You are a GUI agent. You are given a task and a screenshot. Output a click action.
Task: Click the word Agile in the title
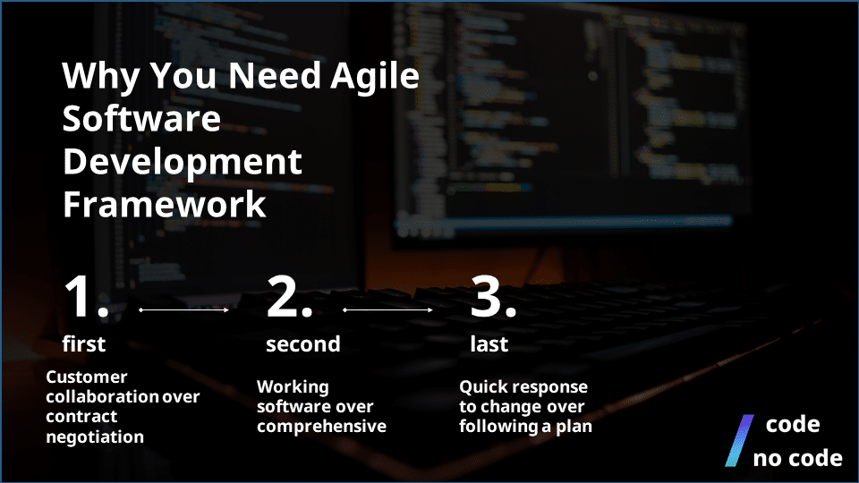(x=375, y=77)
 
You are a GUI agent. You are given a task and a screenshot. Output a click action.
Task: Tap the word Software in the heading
(x=141, y=119)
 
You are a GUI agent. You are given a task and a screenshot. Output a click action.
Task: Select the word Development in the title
(x=182, y=162)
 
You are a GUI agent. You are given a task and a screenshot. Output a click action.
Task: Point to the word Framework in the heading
(x=164, y=204)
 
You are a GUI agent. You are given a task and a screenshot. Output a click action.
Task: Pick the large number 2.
(x=289, y=298)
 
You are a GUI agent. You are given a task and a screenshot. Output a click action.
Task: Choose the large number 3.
(x=493, y=298)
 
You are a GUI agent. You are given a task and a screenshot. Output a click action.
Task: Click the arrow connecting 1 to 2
(x=184, y=310)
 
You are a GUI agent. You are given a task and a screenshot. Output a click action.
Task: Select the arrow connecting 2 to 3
(x=388, y=310)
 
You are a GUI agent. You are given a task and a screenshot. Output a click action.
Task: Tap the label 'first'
(x=84, y=344)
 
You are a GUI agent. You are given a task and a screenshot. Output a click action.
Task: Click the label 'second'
(x=302, y=344)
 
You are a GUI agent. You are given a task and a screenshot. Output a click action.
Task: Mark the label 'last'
(x=489, y=344)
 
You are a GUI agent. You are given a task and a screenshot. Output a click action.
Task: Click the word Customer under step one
(x=87, y=377)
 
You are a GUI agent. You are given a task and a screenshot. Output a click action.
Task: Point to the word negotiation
(x=95, y=437)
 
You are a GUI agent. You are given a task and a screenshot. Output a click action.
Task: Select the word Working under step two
(x=293, y=387)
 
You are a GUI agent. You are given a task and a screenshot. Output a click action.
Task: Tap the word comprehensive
(x=321, y=427)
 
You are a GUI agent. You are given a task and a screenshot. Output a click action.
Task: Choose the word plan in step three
(x=574, y=427)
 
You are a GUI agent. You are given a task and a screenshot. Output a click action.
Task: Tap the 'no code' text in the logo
(x=797, y=459)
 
